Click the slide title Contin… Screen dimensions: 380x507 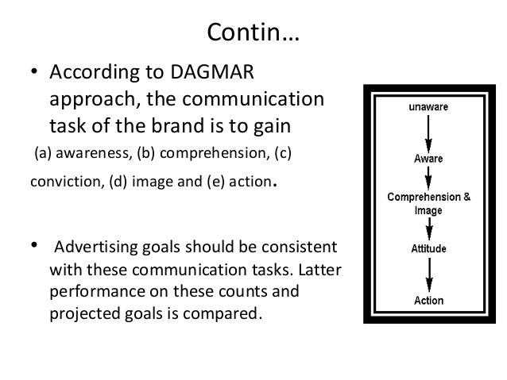coord(253,33)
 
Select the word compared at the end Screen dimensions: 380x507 coord(220,312)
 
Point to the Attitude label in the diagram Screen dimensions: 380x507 coord(430,247)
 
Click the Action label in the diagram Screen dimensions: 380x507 coord(430,301)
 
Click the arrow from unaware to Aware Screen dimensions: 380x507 coord(430,130)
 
